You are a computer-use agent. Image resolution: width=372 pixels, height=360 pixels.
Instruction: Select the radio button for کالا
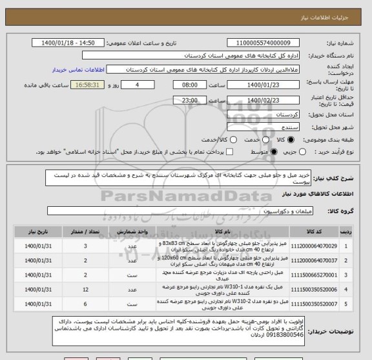click(299, 140)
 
